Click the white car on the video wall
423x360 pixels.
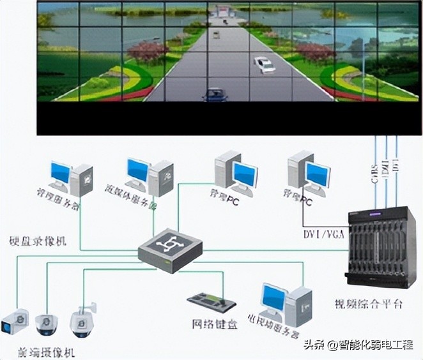pyautogui.click(x=264, y=64)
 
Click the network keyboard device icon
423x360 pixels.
pyautogui.click(x=213, y=301)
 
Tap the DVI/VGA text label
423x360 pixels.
pyautogui.click(x=325, y=234)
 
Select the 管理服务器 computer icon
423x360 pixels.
pyautogui.click(x=70, y=177)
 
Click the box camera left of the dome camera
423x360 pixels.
pyautogui.click(x=14, y=322)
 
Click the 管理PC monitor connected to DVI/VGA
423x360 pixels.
pyautogui.click(x=316, y=175)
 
